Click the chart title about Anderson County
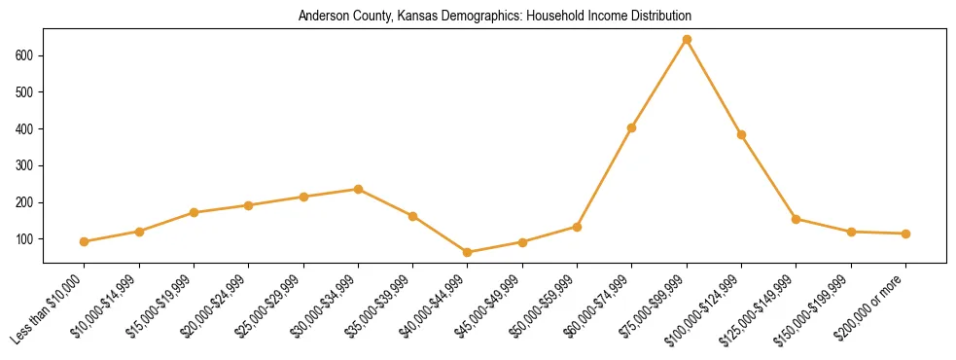click(x=495, y=16)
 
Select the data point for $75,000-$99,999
click(x=687, y=40)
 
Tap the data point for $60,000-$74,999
click(x=632, y=127)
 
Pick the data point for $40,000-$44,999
click(x=468, y=252)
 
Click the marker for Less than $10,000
click(x=85, y=241)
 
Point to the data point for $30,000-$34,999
click(x=359, y=189)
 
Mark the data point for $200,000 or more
click(x=905, y=234)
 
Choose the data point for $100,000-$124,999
click(x=741, y=134)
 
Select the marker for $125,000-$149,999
click(x=796, y=219)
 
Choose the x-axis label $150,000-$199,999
click(x=820, y=306)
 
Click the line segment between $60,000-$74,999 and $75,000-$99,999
click(x=659, y=84)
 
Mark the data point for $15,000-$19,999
click(x=195, y=212)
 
